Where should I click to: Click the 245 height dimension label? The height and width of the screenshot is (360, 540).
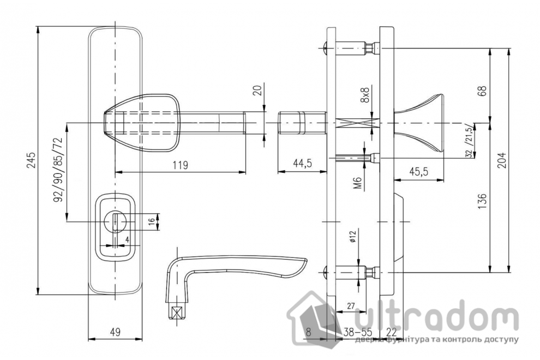coord(31,160)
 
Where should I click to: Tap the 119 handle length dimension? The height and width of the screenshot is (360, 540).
coord(180,165)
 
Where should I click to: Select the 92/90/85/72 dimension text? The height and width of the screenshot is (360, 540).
coord(58,170)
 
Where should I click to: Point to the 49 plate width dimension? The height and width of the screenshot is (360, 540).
coord(116,332)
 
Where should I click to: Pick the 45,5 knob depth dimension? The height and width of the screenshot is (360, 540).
coord(418,171)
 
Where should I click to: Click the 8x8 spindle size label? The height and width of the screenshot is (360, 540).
coord(364,94)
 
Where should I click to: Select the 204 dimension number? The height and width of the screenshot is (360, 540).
coord(502,160)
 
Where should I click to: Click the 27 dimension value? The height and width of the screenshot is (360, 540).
coord(351,305)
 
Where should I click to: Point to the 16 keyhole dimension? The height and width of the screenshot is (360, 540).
coord(152,221)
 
